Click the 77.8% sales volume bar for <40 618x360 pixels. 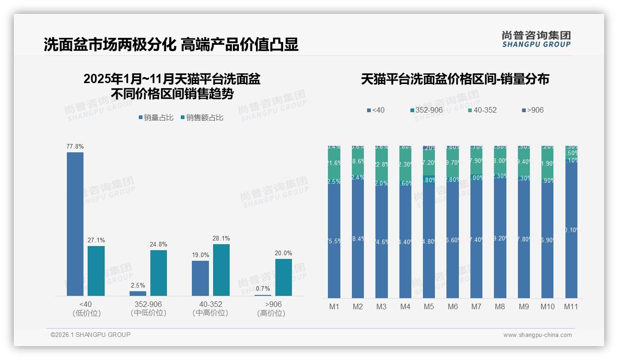(75, 224)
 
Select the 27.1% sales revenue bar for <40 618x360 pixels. (96, 271)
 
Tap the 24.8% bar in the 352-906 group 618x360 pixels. (159, 273)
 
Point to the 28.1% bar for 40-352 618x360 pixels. (221, 270)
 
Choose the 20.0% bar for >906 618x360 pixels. (284, 277)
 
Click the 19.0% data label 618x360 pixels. (201, 255)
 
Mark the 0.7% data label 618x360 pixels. (262, 289)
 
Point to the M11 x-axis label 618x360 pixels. (571, 306)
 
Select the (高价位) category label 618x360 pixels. (271, 313)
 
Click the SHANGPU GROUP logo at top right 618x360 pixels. (536, 39)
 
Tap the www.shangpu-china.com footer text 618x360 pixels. (537, 335)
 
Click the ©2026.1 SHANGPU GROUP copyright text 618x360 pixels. (90, 335)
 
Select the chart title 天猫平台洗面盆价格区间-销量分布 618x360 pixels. (455, 79)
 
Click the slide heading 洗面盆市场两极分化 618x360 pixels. (110, 44)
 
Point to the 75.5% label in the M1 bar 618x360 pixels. (334, 240)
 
